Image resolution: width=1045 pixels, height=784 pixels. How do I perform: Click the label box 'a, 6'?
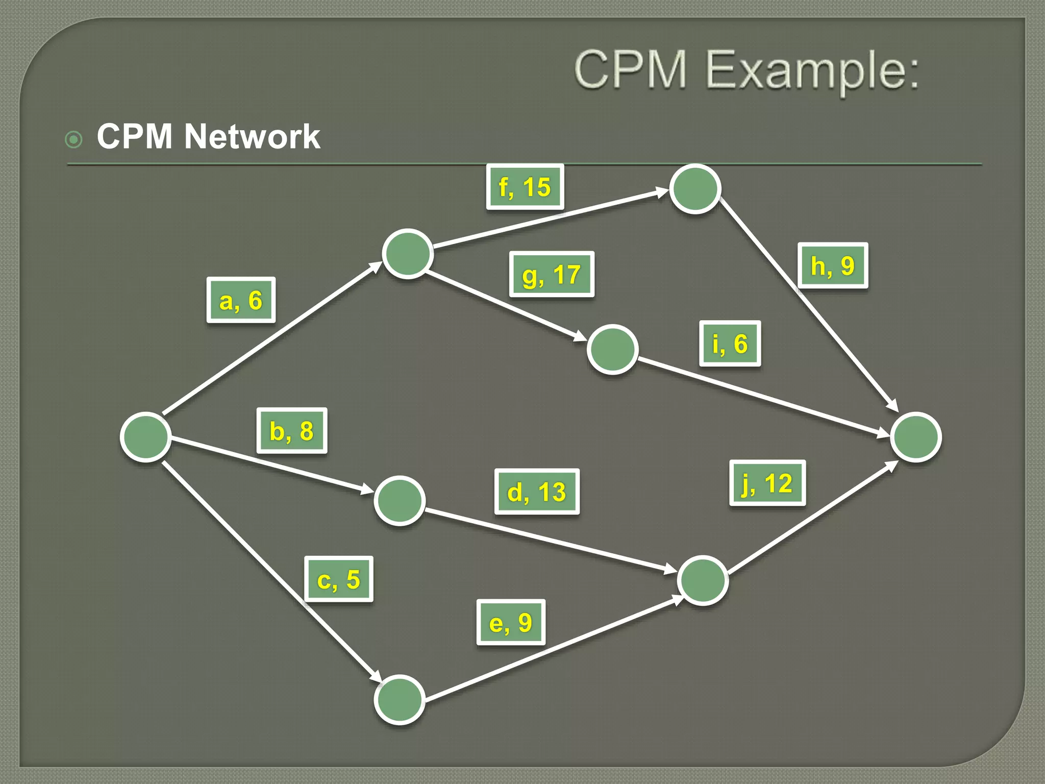pyautogui.click(x=241, y=300)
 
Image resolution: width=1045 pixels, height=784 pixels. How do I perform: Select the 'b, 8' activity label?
pyautogui.click(x=291, y=431)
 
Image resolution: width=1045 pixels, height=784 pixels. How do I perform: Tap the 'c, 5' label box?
pyautogui.click(x=339, y=579)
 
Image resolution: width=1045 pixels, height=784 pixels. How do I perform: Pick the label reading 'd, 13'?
pyautogui.click(x=537, y=492)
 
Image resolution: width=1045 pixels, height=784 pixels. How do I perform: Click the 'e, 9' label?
pyautogui.click(x=511, y=622)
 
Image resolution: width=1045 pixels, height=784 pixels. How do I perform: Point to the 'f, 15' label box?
pyautogui.click(x=525, y=187)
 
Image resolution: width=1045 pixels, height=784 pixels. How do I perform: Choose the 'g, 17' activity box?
pyautogui.click(x=552, y=274)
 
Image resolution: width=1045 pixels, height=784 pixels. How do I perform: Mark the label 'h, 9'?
pyautogui.click(x=833, y=265)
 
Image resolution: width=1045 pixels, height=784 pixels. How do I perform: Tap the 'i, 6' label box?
pyautogui.click(x=730, y=344)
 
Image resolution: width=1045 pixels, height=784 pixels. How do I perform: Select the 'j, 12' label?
pyautogui.click(x=767, y=483)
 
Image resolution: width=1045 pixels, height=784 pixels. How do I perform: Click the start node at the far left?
pyautogui.click(x=145, y=437)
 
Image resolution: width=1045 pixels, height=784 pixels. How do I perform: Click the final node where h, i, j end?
pyautogui.click(x=916, y=437)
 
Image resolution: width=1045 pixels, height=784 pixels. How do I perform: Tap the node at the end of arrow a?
pyautogui.click(x=408, y=254)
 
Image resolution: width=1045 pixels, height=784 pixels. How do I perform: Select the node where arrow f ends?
pyautogui.click(x=695, y=189)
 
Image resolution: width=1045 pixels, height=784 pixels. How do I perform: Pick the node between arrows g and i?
pyautogui.click(x=612, y=350)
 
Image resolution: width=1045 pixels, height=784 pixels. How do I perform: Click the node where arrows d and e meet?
pyautogui.click(x=703, y=580)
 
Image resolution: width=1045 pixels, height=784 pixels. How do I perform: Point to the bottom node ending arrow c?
pyautogui.click(x=400, y=700)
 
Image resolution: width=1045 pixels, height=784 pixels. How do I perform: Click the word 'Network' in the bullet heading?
pyautogui.click(x=252, y=137)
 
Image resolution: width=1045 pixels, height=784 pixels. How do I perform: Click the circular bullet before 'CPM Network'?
pyautogui.click(x=74, y=139)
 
